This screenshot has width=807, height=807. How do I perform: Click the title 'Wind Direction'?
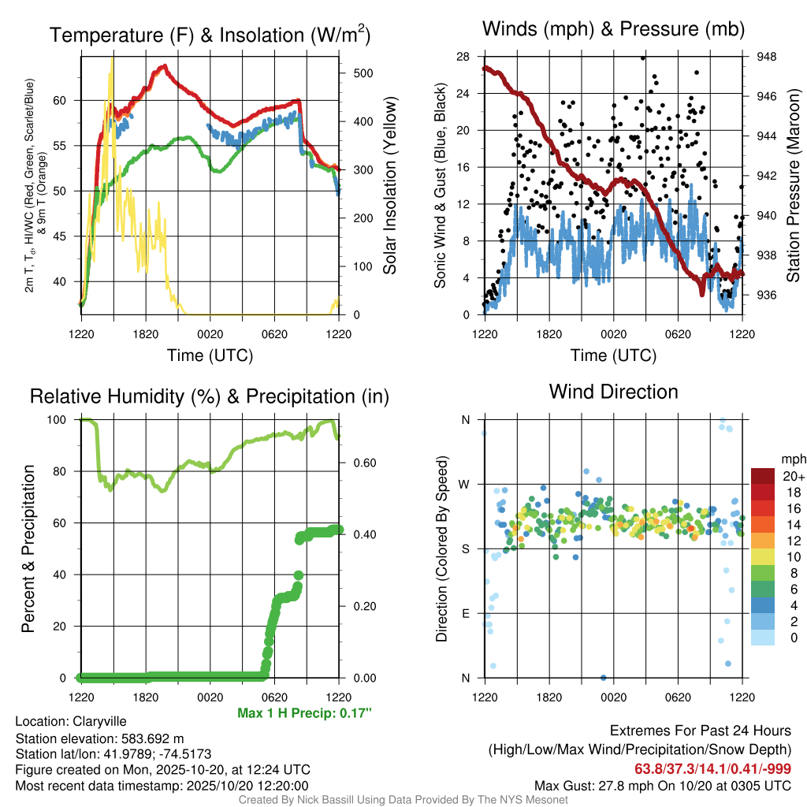pyautogui.click(x=613, y=392)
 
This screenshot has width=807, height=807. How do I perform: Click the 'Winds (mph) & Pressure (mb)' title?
pyautogui.click(x=613, y=29)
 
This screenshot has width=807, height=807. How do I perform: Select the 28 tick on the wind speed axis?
pyautogui.click(x=463, y=57)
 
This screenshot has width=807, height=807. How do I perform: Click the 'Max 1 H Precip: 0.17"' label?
pyautogui.click(x=303, y=713)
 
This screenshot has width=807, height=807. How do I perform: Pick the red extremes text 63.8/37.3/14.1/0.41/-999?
pyautogui.click(x=712, y=768)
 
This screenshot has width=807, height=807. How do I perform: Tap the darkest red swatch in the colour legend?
pyautogui.click(x=762, y=476)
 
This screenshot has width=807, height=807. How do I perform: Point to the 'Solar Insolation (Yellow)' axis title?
pyautogui.click(x=389, y=186)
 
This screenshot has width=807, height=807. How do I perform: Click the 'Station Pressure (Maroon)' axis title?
pyautogui.click(x=794, y=186)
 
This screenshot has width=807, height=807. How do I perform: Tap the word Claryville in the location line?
pyautogui.click(x=99, y=721)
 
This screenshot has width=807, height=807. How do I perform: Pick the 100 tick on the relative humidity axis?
pyautogui.click(x=67, y=419)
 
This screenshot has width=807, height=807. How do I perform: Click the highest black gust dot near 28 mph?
pyautogui.click(x=643, y=58)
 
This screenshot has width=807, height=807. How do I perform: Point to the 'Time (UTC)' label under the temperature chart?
pyautogui.click(x=210, y=355)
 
